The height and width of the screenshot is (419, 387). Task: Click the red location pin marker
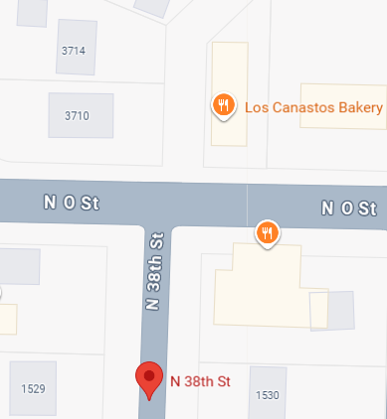tap(149, 378)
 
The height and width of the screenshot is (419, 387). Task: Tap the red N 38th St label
tap(200, 380)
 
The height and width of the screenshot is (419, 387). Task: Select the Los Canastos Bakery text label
tap(313, 107)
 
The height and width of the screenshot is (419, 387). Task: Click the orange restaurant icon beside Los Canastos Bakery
tap(224, 104)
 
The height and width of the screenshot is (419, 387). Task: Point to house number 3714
tap(74, 50)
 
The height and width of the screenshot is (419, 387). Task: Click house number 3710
tap(77, 116)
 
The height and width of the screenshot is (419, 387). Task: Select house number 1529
tap(33, 389)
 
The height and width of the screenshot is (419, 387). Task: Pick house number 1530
tap(267, 394)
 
